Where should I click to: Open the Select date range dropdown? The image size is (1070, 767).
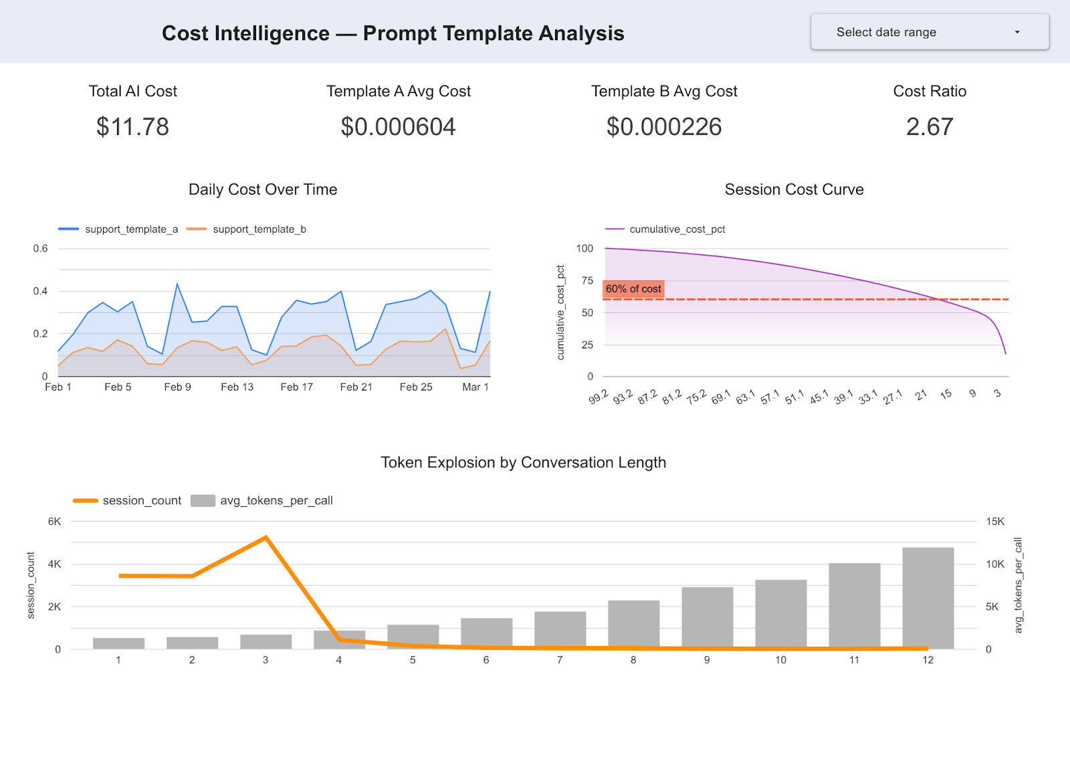click(x=930, y=32)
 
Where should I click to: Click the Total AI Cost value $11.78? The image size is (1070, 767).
click(x=132, y=127)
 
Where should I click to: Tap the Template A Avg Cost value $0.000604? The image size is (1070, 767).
click(x=398, y=127)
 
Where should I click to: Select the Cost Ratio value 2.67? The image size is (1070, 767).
click(x=929, y=127)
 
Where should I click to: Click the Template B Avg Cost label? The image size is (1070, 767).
click(x=663, y=92)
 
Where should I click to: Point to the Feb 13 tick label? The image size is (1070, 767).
click(x=237, y=387)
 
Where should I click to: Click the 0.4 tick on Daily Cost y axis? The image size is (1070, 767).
click(x=41, y=291)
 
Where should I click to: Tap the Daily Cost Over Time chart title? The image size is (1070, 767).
click(x=263, y=190)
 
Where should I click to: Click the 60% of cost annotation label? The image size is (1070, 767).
click(x=633, y=289)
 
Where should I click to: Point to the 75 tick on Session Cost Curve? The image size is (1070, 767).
click(x=587, y=281)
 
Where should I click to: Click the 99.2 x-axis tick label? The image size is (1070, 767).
click(x=599, y=397)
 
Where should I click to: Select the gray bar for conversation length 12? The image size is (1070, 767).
click(x=928, y=598)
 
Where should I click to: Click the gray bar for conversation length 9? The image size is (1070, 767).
click(x=707, y=618)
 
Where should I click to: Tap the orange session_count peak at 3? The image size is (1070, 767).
click(x=266, y=537)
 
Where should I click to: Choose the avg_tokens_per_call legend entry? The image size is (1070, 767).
click(x=276, y=501)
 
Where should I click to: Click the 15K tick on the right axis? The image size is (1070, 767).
click(x=995, y=522)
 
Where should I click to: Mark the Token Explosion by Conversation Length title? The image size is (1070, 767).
click(x=523, y=463)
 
